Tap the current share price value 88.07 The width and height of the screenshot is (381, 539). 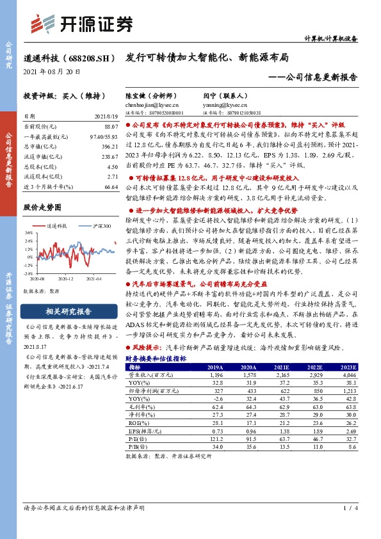[x=110, y=127]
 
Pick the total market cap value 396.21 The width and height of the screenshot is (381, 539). [x=109, y=147]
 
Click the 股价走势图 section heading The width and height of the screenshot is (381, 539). [x=42, y=207]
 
